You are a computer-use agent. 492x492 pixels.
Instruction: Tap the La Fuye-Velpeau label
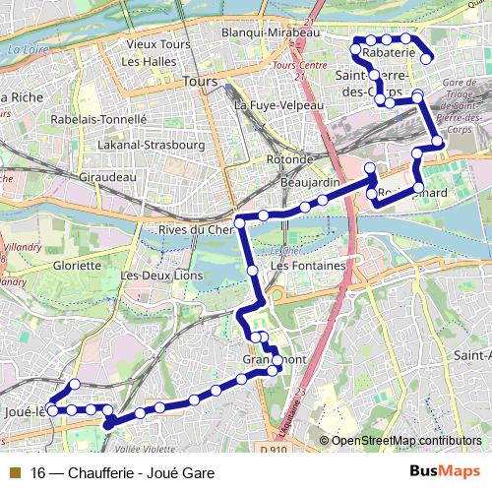276,103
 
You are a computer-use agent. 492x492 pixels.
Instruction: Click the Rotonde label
290,158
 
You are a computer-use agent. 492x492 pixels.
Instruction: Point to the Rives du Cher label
192,230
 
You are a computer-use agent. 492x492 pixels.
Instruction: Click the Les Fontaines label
308,266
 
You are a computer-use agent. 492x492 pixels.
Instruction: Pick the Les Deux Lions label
160,276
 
